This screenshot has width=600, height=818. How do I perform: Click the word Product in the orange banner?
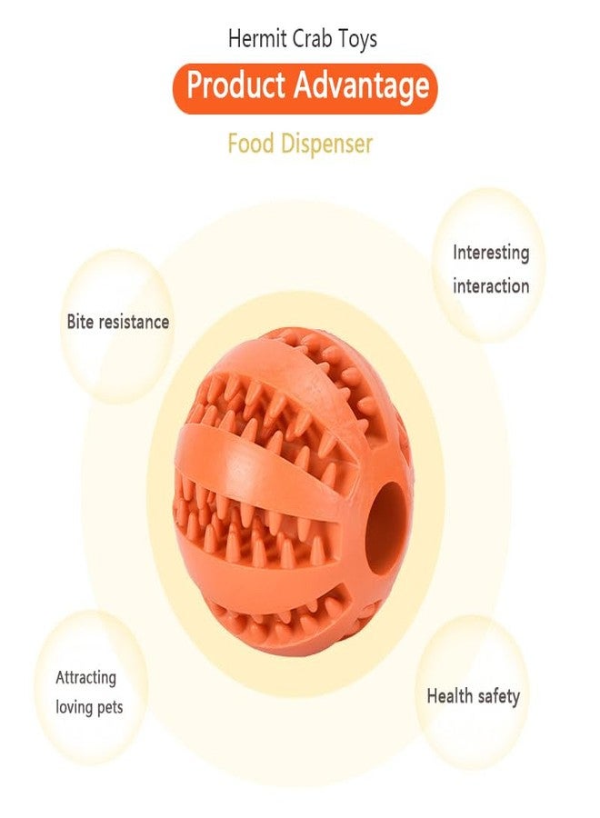(x=235, y=85)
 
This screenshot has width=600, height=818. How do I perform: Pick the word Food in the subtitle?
(x=250, y=144)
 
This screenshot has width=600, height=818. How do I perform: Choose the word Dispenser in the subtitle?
(x=326, y=145)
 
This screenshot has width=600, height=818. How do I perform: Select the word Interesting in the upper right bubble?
(x=491, y=253)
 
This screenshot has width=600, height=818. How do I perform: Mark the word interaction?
(x=491, y=286)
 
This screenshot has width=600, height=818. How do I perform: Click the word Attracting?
(x=86, y=678)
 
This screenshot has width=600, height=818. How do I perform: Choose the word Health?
(x=450, y=695)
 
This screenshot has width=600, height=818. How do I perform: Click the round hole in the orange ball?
(x=385, y=528)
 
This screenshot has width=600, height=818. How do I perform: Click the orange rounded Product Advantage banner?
(x=305, y=87)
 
